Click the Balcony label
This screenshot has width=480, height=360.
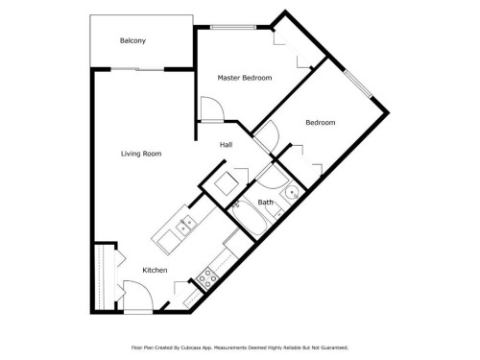point(132,40)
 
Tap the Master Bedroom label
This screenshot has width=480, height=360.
point(244,78)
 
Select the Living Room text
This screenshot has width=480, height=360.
point(140,154)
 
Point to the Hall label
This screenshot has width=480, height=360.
point(226,145)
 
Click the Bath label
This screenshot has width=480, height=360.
point(265,203)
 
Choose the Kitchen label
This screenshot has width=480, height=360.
point(156,271)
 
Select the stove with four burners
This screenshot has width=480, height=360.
point(205,278)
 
